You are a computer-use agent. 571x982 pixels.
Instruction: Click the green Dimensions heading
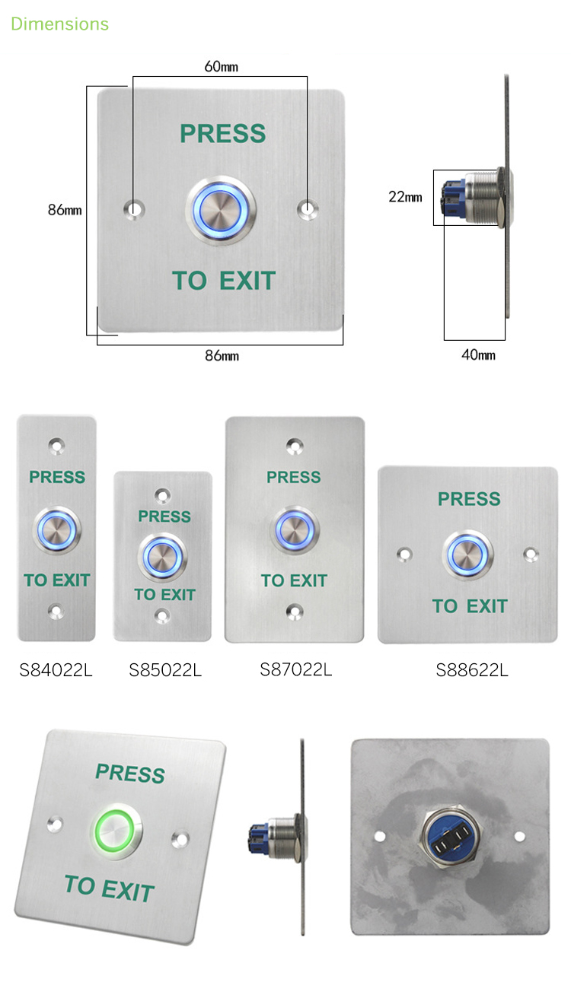coord(59,24)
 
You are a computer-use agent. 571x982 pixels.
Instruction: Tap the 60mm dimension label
coord(222,67)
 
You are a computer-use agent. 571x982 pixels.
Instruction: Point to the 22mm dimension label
coord(405,197)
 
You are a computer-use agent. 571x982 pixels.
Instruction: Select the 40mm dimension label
coord(478,354)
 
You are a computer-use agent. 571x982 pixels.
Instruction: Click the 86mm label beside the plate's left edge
coord(65,210)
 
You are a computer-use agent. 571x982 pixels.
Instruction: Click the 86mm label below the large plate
coord(222,355)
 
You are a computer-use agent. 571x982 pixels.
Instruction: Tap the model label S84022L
coord(56,670)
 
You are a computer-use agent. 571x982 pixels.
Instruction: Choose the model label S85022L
coord(165,670)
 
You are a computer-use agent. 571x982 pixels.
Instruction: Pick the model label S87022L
coord(296,669)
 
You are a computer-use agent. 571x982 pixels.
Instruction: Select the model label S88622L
coord(472,670)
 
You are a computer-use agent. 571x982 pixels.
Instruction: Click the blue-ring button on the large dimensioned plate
coord(221,211)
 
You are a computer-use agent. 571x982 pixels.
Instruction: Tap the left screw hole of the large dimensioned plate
coord(134,208)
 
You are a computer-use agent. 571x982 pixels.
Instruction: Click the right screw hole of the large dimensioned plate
coord(308,208)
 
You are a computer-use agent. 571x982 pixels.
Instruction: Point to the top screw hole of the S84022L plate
coord(56,446)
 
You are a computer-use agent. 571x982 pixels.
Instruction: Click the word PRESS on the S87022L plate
coord(294,477)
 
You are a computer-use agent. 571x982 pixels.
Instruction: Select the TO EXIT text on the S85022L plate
coord(164,595)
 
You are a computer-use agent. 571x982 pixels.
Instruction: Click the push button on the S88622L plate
coord(467,555)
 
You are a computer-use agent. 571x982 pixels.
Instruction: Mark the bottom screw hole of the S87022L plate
coord(295,611)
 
